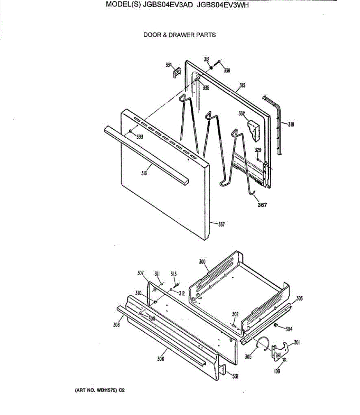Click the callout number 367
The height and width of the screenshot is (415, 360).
262,205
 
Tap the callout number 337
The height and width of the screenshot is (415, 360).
221,224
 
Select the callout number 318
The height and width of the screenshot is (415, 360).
291,124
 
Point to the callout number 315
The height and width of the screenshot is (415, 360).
243,85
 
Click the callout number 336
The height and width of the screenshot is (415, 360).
227,71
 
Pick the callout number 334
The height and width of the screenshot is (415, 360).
169,65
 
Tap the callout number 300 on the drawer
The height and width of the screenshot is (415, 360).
202,262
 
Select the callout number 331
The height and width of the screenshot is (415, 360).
235,377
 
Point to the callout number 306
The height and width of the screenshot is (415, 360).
161,359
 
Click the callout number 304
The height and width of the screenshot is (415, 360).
289,329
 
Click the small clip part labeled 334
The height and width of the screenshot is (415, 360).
177,73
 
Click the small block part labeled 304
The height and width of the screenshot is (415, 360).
276,325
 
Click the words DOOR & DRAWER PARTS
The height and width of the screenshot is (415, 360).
179,35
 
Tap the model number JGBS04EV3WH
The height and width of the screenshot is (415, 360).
223,15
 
